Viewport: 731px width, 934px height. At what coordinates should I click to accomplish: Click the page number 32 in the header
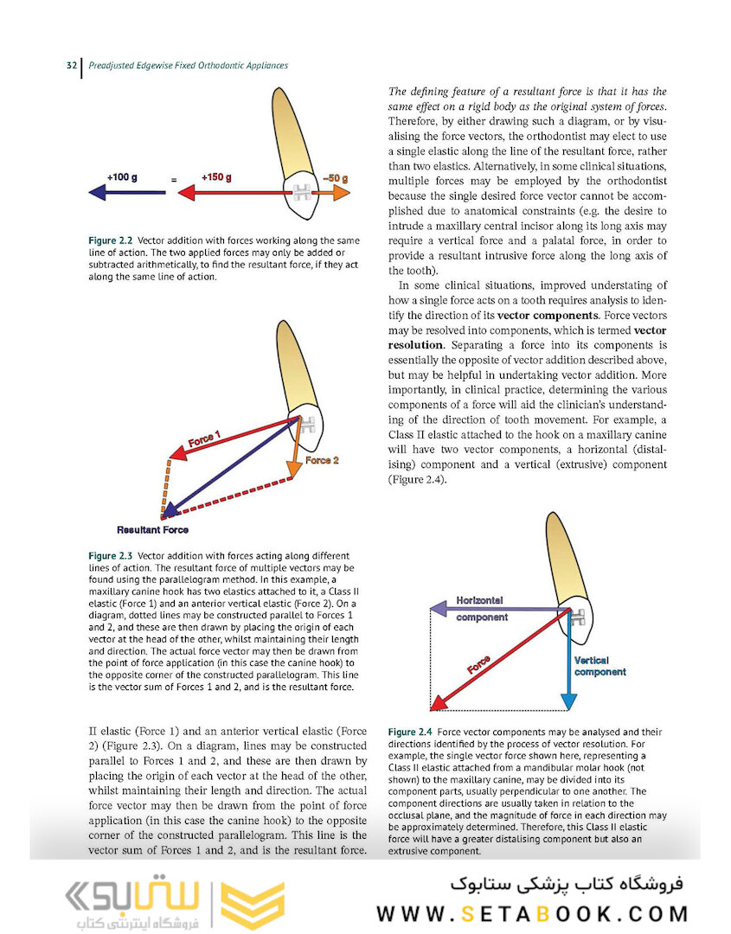point(72,66)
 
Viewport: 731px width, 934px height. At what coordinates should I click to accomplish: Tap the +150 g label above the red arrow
point(216,177)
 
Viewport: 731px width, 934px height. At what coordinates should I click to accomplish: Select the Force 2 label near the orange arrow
point(322,460)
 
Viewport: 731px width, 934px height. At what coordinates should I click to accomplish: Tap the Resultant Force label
point(152,529)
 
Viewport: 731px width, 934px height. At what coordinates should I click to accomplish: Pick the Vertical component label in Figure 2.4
point(600,666)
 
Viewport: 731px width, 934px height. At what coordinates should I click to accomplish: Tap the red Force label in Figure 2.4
point(479,665)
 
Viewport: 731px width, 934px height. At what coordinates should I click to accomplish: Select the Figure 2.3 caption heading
point(111,555)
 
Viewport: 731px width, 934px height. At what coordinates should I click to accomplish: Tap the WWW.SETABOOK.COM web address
point(532,913)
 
